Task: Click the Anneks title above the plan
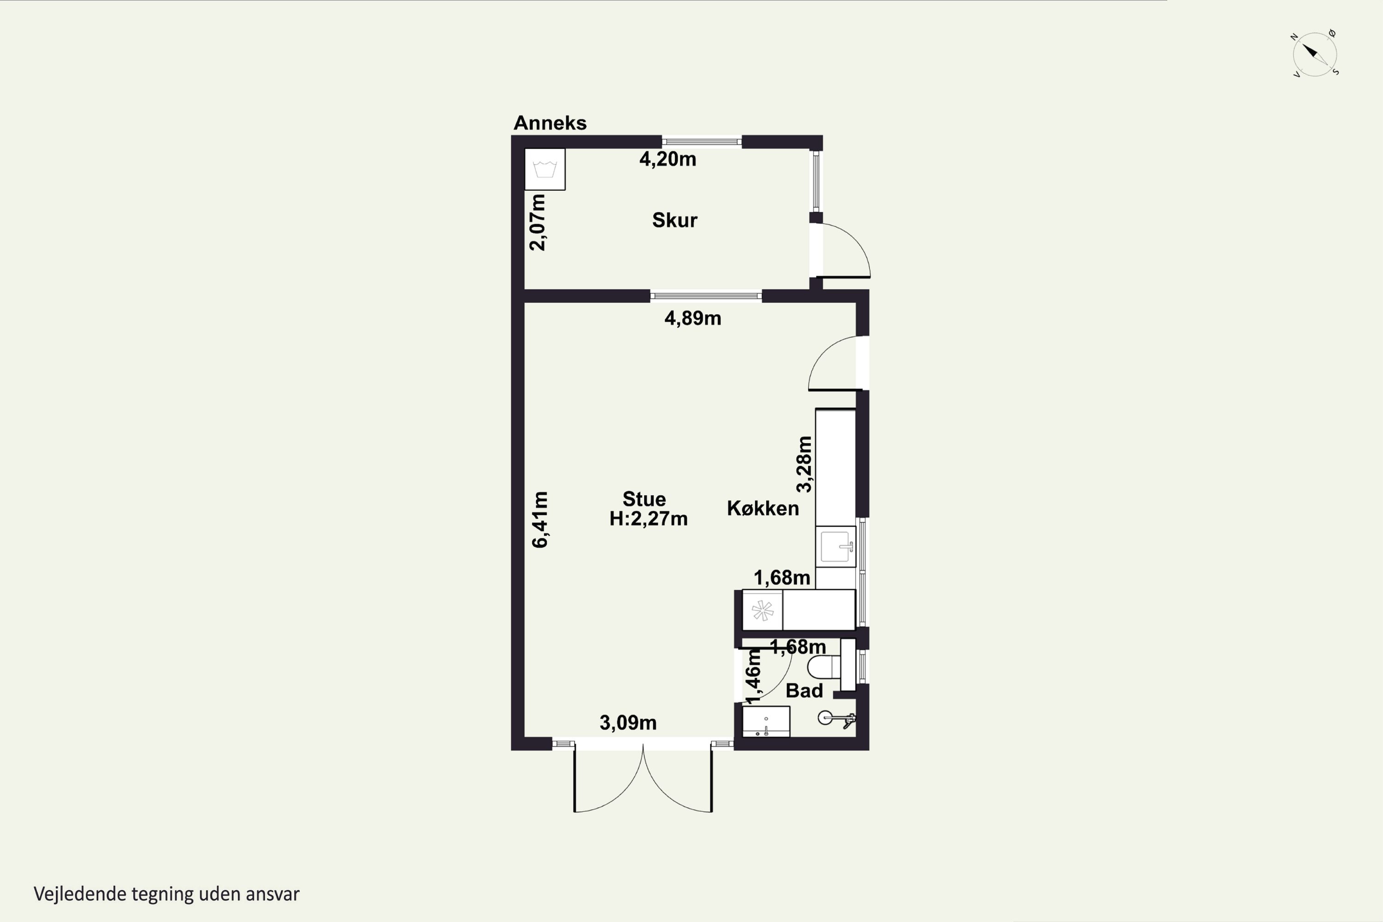pyautogui.click(x=550, y=123)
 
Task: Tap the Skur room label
pyautogui.click(x=674, y=220)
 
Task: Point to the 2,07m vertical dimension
pyautogui.click(x=538, y=222)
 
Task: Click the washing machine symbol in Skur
pyautogui.click(x=545, y=169)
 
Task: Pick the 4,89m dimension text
pyautogui.click(x=693, y=319)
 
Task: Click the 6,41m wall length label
pyautogui.click(x=540, y=520)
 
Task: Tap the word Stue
pyautogui.click(x=644, y=499)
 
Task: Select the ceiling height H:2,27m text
pyautogui.click(x=649, y=519)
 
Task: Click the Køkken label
pyautogui.click(x=762, y=508)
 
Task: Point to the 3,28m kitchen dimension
pyautogui.click(x=804, y=464)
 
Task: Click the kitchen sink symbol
pyautogui.click(x=835, y=546)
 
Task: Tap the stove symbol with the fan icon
pyautogui.click(x=762, y=610)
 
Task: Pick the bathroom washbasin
pyautogui.click(x=766, y=721)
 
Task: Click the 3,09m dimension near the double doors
pyautogui.click(x=628, y=723)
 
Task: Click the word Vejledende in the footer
pyautogui.click(x=80, y=894)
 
